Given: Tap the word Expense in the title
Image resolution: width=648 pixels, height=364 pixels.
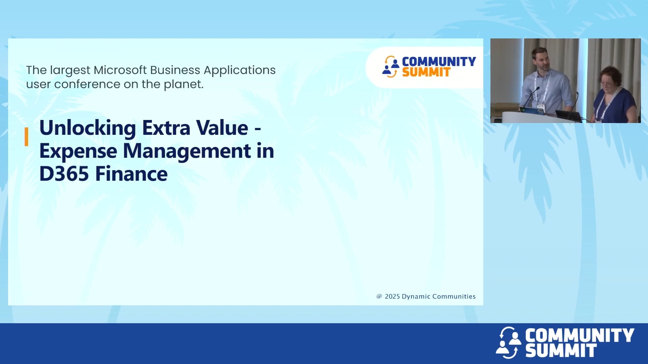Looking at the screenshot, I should coord(78,151).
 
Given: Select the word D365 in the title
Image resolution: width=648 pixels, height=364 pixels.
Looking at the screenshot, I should coord(64,174).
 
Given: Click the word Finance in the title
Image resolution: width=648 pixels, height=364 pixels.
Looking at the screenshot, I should coord(131,174).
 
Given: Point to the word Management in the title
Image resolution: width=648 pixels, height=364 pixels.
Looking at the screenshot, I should coord(187,151).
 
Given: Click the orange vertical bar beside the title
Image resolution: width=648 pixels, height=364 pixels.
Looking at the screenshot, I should coord(26,136).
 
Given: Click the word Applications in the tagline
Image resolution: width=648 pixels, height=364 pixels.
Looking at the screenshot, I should coord(240,70).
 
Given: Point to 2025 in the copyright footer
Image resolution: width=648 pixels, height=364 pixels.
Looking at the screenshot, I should coord(392,296).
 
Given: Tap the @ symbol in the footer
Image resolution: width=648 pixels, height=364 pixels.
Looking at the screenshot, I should coord(379,296).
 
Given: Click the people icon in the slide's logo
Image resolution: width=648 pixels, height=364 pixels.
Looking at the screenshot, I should coord(390,67).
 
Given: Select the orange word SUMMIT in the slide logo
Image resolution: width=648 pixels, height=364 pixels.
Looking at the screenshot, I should coord(426,72).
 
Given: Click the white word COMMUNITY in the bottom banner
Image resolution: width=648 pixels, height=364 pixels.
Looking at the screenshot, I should coord(579,335).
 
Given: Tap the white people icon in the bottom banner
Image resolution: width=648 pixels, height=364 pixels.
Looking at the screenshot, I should coord(508,342).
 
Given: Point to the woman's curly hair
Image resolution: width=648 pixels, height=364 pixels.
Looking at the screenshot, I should coord(611,74).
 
